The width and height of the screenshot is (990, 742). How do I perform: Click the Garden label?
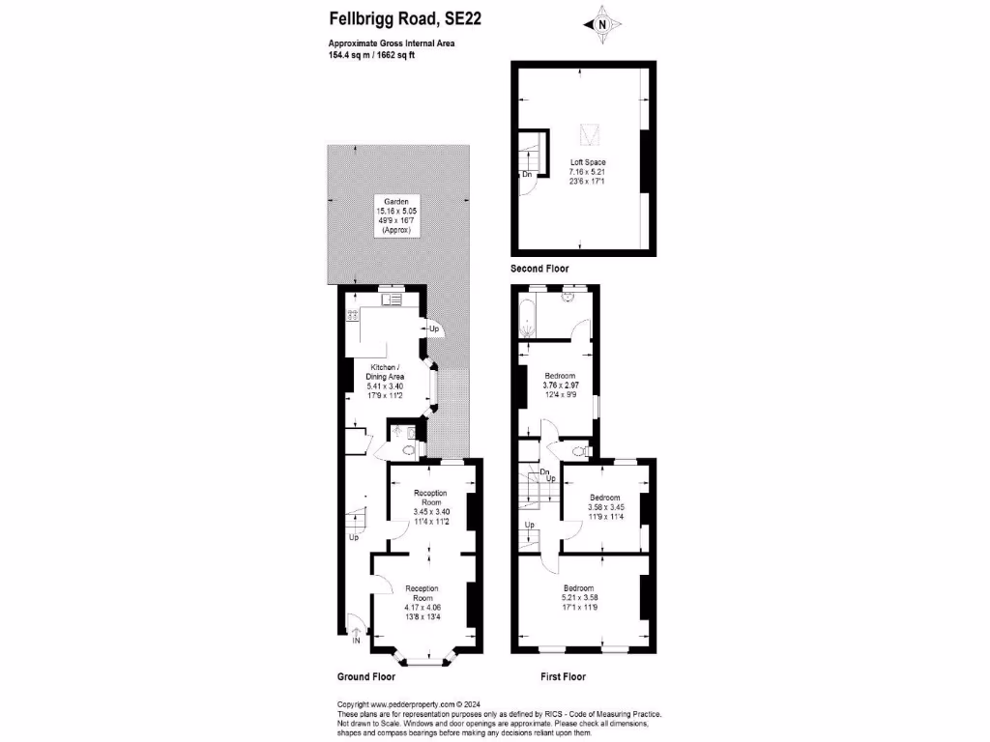point(396,202)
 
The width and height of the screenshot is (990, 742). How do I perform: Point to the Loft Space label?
point(587,162)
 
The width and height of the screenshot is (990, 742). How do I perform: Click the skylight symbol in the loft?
point(587,135)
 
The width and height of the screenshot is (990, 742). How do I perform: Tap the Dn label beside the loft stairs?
point(527,174)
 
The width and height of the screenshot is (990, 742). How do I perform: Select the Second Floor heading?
point(539,269)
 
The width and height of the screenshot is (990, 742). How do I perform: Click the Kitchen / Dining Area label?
point(387,377)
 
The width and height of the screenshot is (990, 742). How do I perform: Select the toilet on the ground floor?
point(408,450)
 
